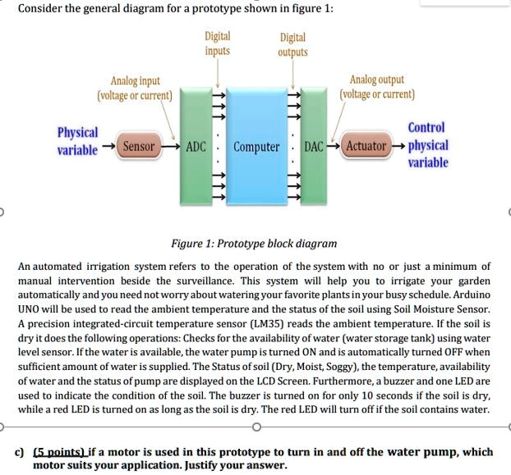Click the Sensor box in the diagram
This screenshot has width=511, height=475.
[x=139, y=147]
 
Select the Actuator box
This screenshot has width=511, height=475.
[x=366, y=147]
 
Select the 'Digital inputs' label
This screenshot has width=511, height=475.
[x=218, y=43]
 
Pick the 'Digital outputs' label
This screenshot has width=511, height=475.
[x=292, y=44]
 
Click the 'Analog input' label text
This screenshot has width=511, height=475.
[x=136, y=80]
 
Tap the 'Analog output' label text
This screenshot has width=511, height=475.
[x=376, y=80]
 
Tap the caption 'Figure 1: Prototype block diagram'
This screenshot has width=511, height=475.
[x=253, y=244]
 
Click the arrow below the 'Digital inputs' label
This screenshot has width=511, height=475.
[x=218, y=74]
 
